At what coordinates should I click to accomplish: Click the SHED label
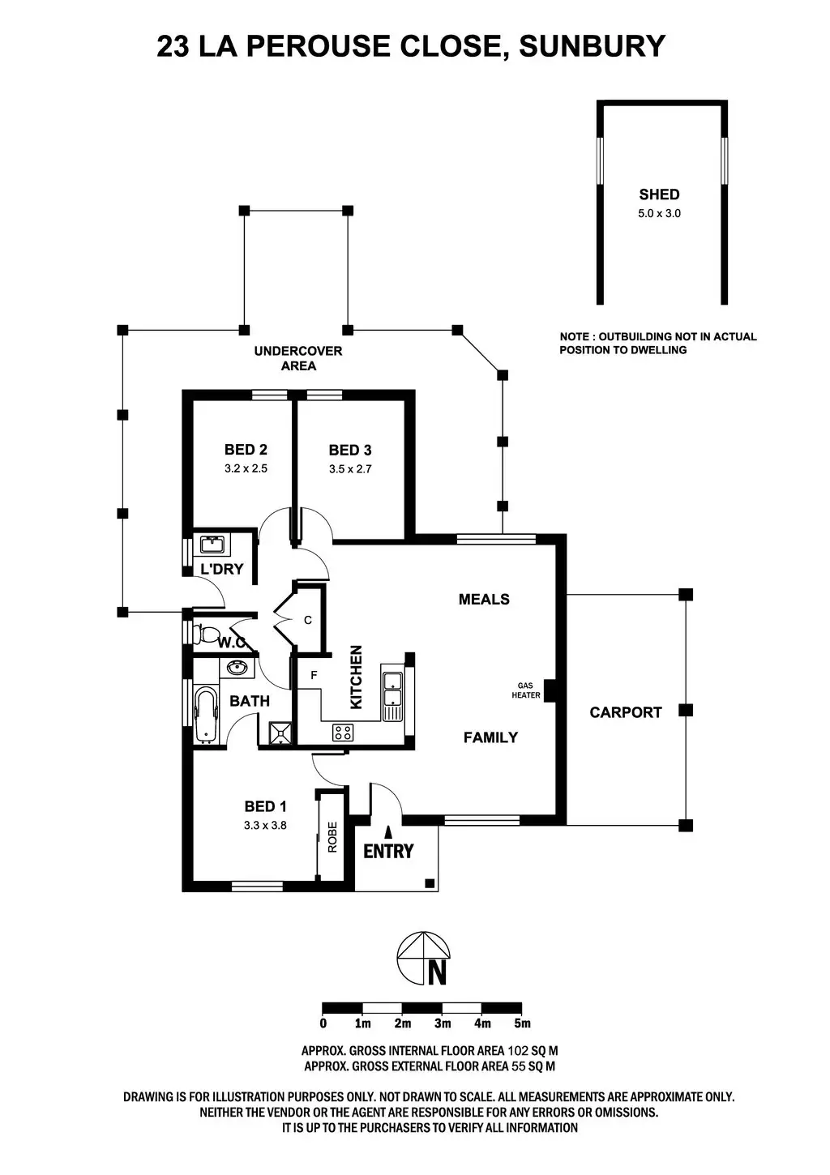coord(659,194)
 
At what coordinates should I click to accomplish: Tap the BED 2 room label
coord(246,450)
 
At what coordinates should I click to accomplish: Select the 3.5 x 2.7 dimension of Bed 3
coord(350,468)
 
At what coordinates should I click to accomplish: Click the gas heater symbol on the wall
coord(549,690)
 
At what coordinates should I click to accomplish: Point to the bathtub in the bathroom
coord(206,715)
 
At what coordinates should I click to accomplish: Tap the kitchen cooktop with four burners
coord(343,733)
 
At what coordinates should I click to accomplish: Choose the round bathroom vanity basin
coord(237,669)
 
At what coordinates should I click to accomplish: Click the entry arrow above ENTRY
coord(388,831)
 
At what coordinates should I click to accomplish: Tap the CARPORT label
coord(625,712)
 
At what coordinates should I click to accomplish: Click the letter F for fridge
coord(314,675)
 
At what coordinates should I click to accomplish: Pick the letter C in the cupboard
coord(307,620)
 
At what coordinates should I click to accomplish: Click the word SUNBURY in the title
coord(592,46)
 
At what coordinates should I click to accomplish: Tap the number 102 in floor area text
coord(517,1051)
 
